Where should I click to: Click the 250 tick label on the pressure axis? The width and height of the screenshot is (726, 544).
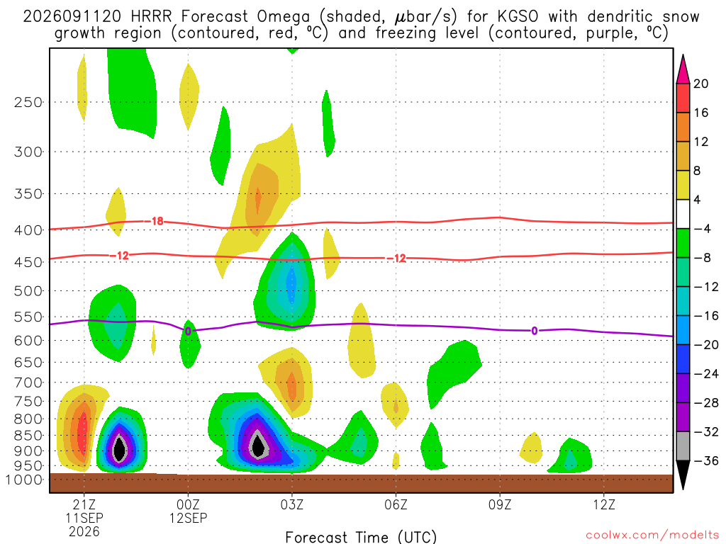point(28,102)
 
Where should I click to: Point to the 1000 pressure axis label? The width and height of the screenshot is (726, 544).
point(24,480)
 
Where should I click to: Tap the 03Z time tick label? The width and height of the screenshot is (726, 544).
point(291,504)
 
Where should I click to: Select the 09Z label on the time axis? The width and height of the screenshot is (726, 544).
point(500,504)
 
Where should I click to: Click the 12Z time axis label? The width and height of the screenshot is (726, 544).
point(604,504)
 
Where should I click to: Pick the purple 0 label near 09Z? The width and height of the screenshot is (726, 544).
point(535,331)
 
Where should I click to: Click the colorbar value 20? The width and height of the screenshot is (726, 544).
point(701,84)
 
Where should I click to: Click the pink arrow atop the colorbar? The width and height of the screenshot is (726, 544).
point(683,70)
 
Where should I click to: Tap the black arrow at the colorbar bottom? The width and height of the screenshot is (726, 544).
point(683,474)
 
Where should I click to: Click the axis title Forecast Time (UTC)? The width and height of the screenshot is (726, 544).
point(361,537)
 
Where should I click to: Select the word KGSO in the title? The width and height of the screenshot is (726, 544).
point(518,17)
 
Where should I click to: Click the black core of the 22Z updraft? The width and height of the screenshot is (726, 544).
point(119,448)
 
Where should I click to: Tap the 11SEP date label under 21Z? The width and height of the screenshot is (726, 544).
point(84,518)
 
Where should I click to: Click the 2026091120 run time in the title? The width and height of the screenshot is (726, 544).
point(72,17)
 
